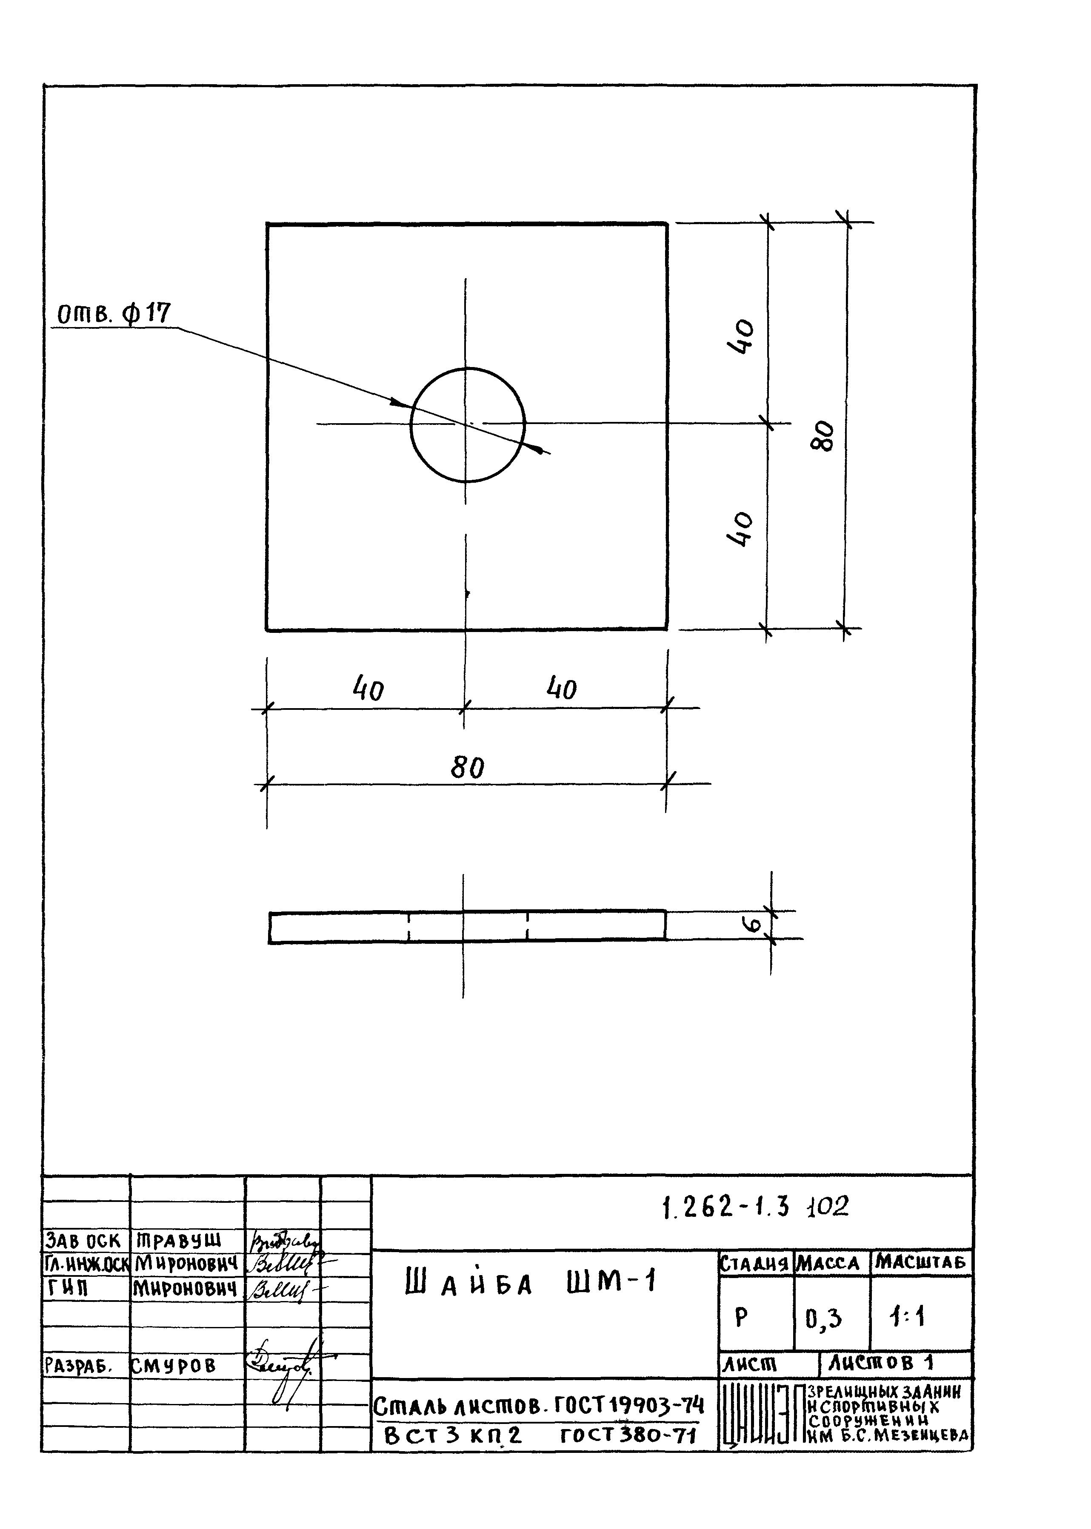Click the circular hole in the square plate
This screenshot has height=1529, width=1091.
(x=468, y=424)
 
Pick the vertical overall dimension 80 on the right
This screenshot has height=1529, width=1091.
(x=824, y=436)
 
